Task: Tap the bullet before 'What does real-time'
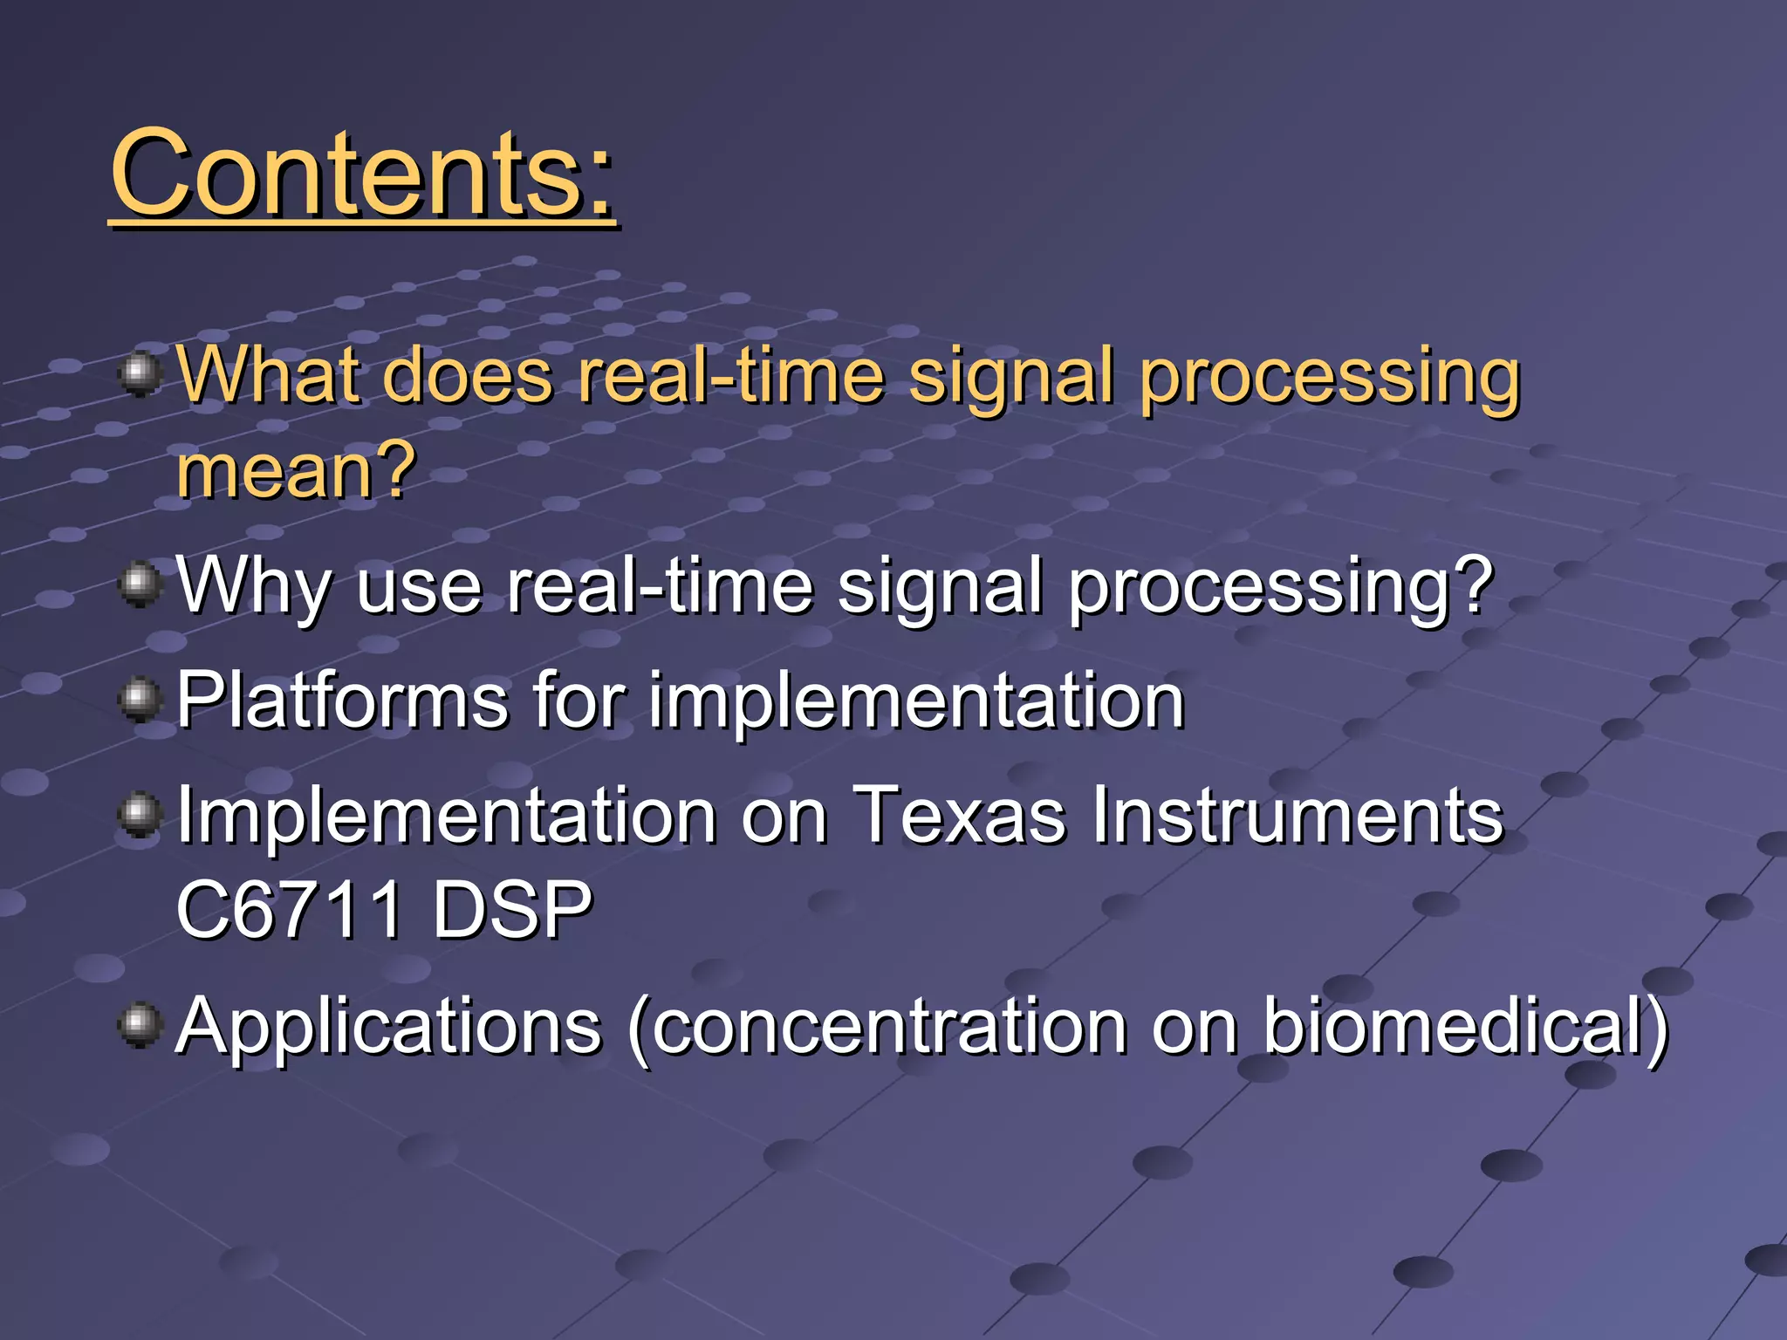click(x=140, y=375)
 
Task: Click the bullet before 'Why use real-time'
click(x=140, y=583)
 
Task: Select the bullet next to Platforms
click(x=140, y=699)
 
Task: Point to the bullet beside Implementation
click(x=140, y=815)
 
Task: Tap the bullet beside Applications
click(x=140, y=1023)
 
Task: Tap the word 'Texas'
click(x=959, y=816)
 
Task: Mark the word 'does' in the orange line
click(x=468, y=375)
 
